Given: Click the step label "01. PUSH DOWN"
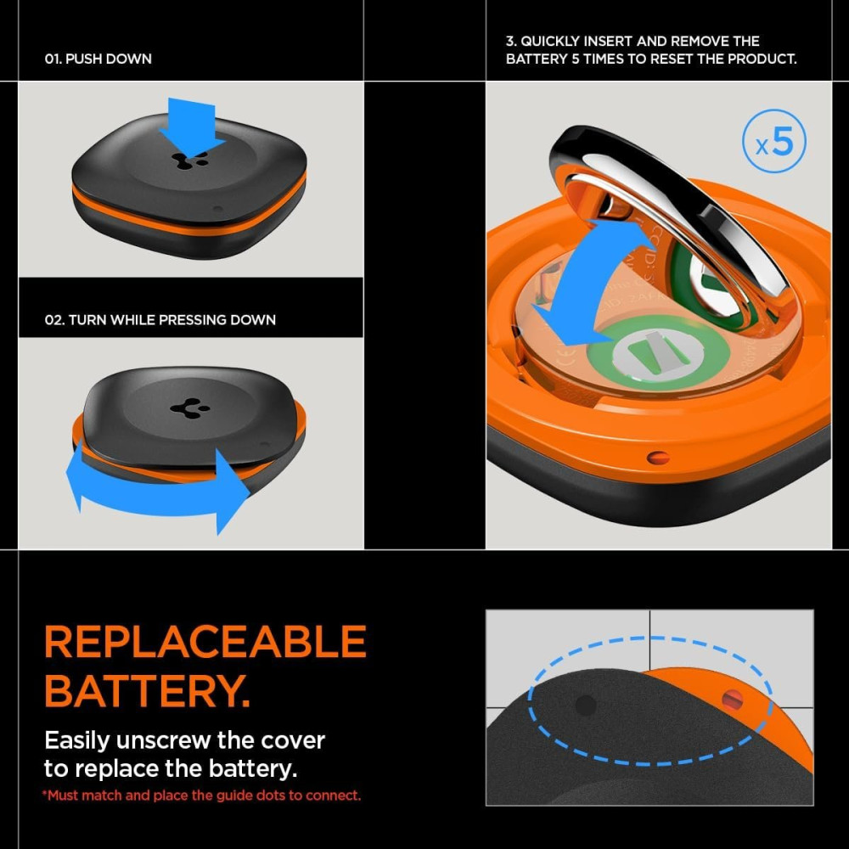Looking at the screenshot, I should (x=98, y=59).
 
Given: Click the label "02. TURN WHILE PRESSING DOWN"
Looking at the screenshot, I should (x=160, y=320).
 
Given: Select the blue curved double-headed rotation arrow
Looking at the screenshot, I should (x=153, y=497).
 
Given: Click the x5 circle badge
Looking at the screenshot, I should (x=773, y=144).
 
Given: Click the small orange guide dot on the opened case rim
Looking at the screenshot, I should (x=657, y=458).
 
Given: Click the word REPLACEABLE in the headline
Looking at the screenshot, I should (x=205, y=643).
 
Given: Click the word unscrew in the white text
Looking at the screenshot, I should (x=156, y=740).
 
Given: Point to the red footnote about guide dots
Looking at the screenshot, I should (x=202, y=796).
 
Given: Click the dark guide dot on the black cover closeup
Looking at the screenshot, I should (x=585, y=704).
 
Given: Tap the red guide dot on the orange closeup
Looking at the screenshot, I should (x=731, y=700).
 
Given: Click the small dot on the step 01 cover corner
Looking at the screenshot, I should (x=217, y=208).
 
